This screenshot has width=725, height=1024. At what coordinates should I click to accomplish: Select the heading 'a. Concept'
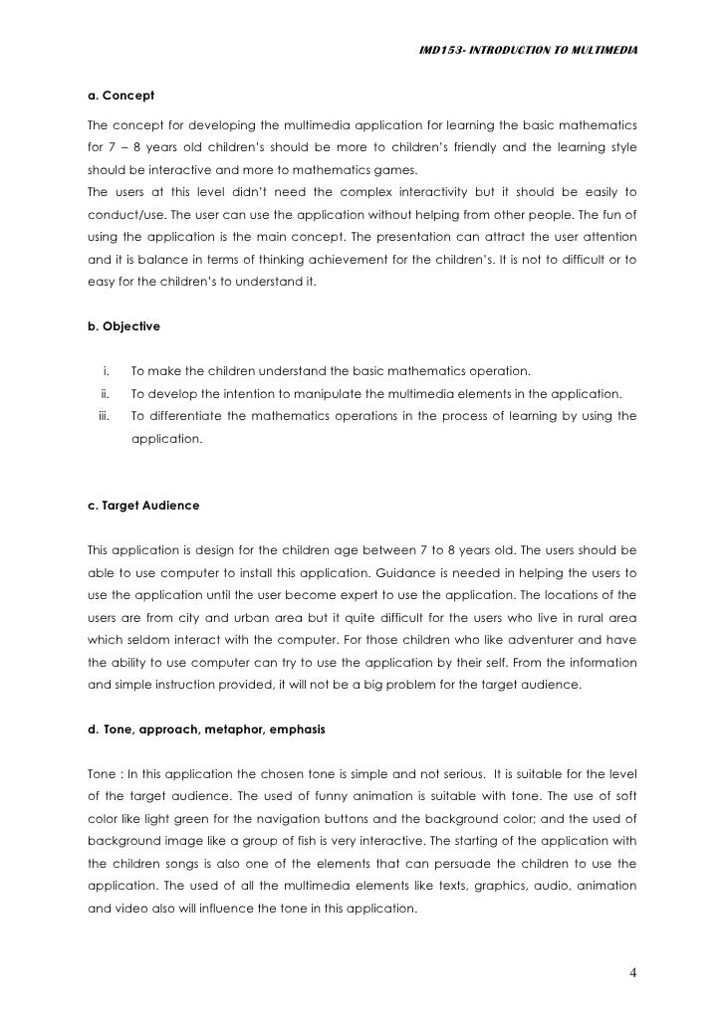[121, 97]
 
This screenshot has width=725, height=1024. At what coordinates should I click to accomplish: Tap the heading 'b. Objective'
[124, 325]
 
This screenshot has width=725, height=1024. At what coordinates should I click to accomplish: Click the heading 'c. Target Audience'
[143, 506]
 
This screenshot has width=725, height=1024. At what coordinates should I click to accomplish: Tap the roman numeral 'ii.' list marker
[106, 393]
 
